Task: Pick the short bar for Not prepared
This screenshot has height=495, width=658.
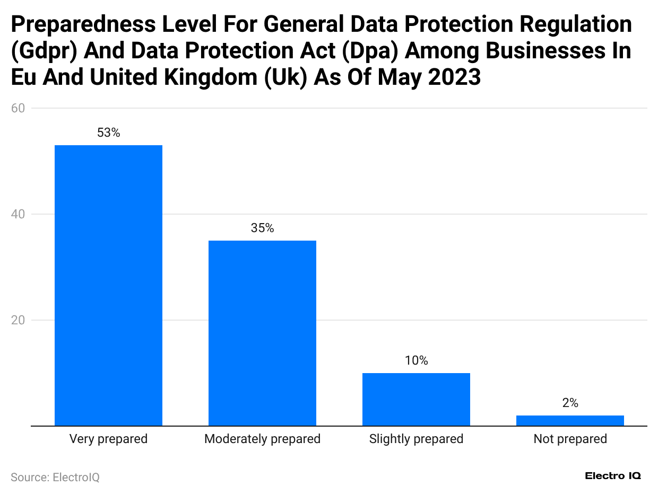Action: pos(570,420)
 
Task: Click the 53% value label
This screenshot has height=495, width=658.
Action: pos(108,133)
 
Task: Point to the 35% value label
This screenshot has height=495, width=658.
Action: pos(262,228)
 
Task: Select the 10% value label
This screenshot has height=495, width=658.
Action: pos(416,361)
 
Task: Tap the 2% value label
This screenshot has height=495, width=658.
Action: pos(570,403)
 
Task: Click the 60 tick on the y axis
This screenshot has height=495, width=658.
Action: pos(18,108)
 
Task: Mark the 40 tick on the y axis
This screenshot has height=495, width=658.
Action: pos(18,214)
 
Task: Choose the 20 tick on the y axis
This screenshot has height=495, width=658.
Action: pos(18,320)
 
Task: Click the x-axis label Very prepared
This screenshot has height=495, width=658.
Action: pos(108,439)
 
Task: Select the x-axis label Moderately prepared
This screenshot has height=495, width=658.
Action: pos(262,439)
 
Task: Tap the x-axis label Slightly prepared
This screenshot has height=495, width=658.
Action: pos(416,439)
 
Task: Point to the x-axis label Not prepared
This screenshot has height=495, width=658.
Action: pos(570,439)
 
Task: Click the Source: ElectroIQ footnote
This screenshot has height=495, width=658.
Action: pos(55,477)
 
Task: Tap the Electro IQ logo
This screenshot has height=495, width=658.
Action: pos(612,476)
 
